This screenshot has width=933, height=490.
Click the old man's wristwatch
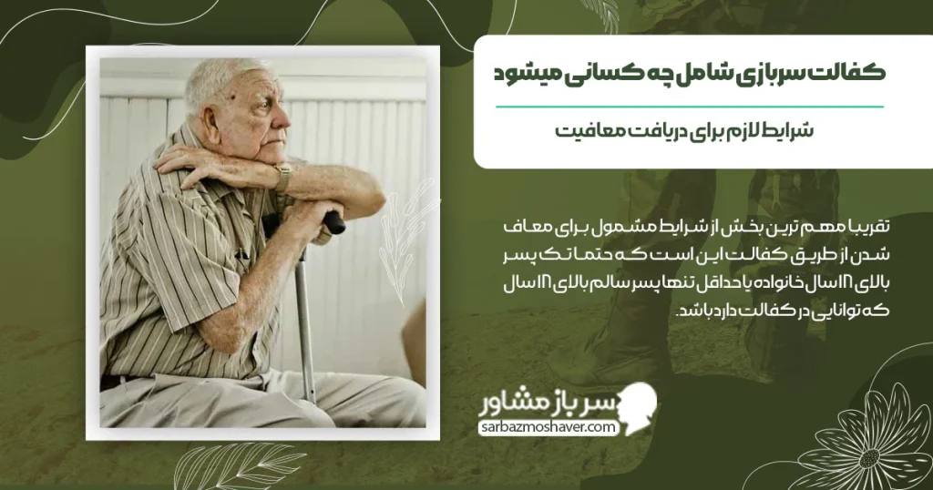pos(283,177)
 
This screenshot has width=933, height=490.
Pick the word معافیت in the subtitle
pos(589,130)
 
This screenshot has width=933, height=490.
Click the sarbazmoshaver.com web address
pos(551,427)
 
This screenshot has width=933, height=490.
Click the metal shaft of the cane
pos(304,319)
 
